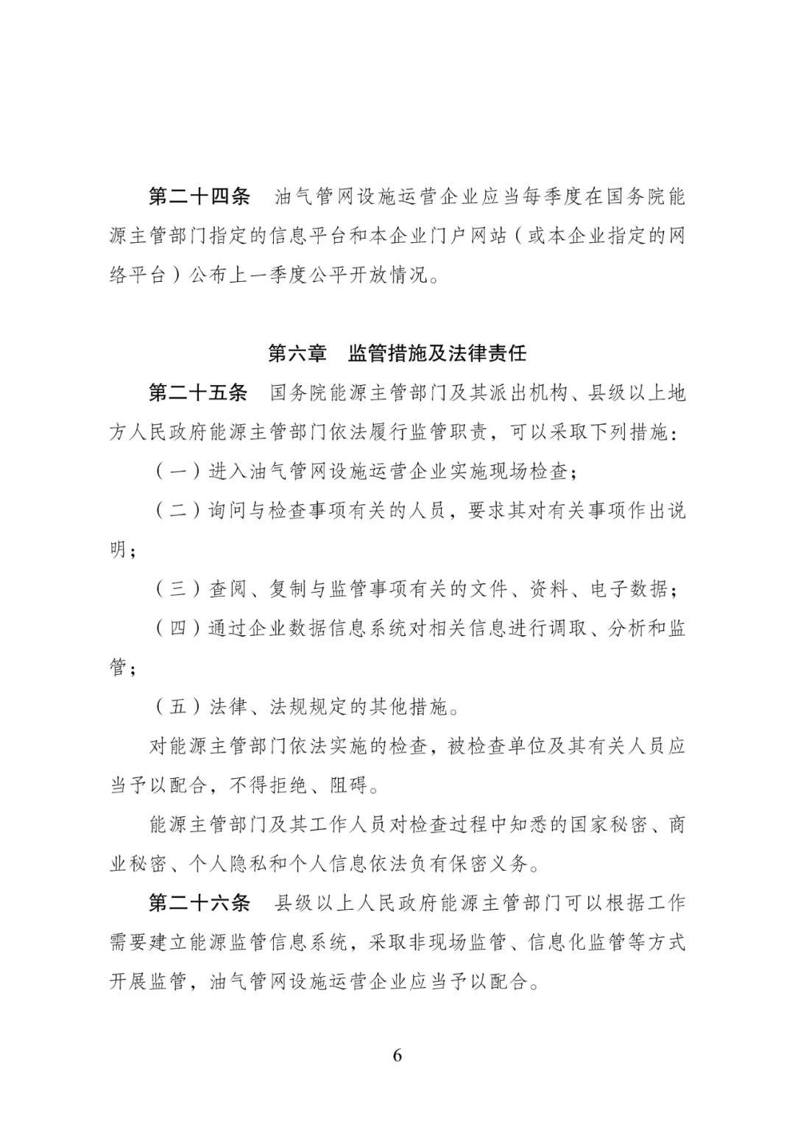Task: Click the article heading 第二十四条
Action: coord(199,197)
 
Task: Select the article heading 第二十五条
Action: coord(199,393)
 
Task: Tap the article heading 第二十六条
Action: coord(199,902)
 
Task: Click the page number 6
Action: coord(397,1055)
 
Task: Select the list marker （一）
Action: coord(177,472)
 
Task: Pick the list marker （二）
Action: coord(177,511)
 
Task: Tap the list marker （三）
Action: coord(177,589)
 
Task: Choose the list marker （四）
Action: coord(177,629)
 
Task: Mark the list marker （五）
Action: coord(177,707)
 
